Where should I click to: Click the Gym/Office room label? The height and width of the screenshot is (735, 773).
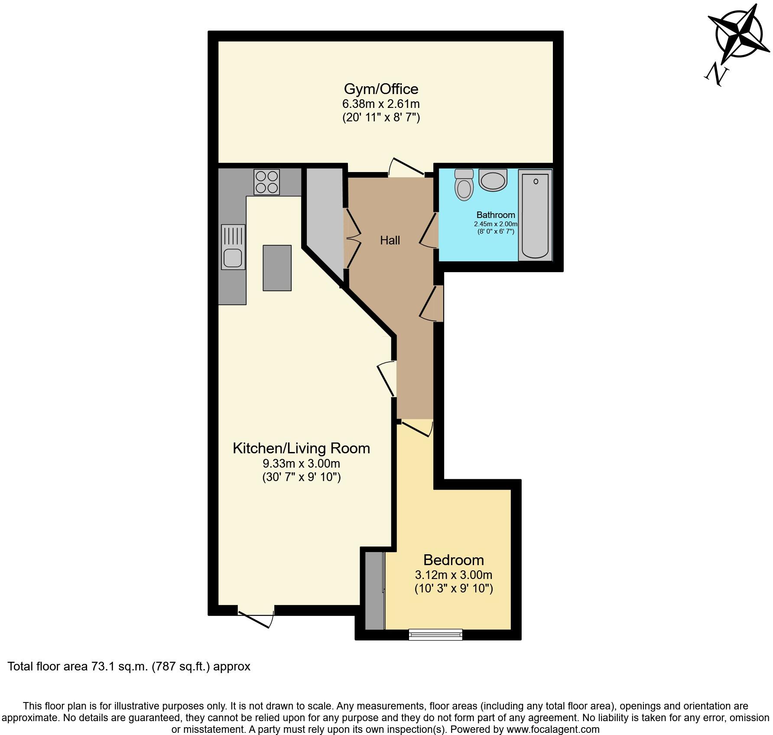[381, 89]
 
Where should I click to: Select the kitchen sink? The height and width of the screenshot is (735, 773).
[233, 247]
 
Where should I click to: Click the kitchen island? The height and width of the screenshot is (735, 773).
[277, 268]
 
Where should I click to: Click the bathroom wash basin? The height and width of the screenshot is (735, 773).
[493, 180]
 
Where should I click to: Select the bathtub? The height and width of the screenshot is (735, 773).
[535, 215]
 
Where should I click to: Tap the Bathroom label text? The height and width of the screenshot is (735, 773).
[496, 215]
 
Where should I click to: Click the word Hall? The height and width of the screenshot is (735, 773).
[390, 240]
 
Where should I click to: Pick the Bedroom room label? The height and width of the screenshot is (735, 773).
[453, 560]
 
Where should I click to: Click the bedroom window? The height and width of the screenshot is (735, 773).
[435, 635]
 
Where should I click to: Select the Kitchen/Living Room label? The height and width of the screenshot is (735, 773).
[301, 448]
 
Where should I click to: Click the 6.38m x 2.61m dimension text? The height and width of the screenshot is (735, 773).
[381, 104]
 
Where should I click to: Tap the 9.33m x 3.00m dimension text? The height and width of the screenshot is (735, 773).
[301, 463]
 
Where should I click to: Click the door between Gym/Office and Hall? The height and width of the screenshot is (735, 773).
[406, 169]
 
